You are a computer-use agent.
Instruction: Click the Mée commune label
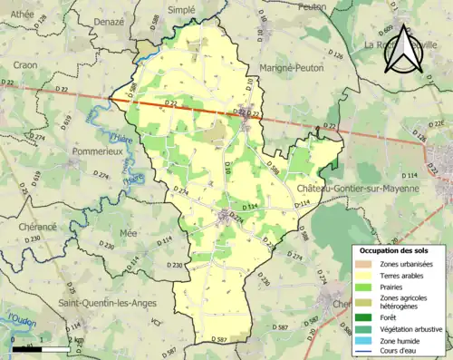tap(130, 233)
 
